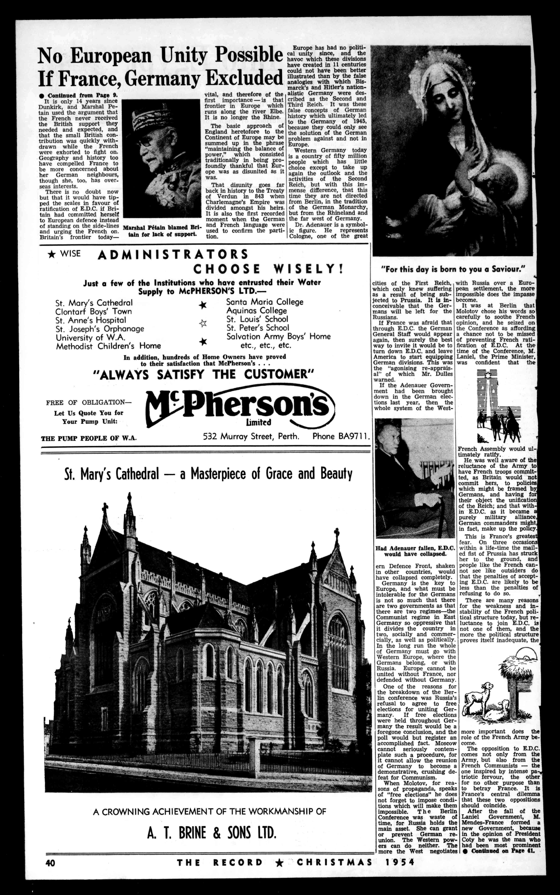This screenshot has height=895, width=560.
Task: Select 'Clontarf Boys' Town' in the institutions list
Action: (x=94, y=312)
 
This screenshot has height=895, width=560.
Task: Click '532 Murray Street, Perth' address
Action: (x=251, y=436)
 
